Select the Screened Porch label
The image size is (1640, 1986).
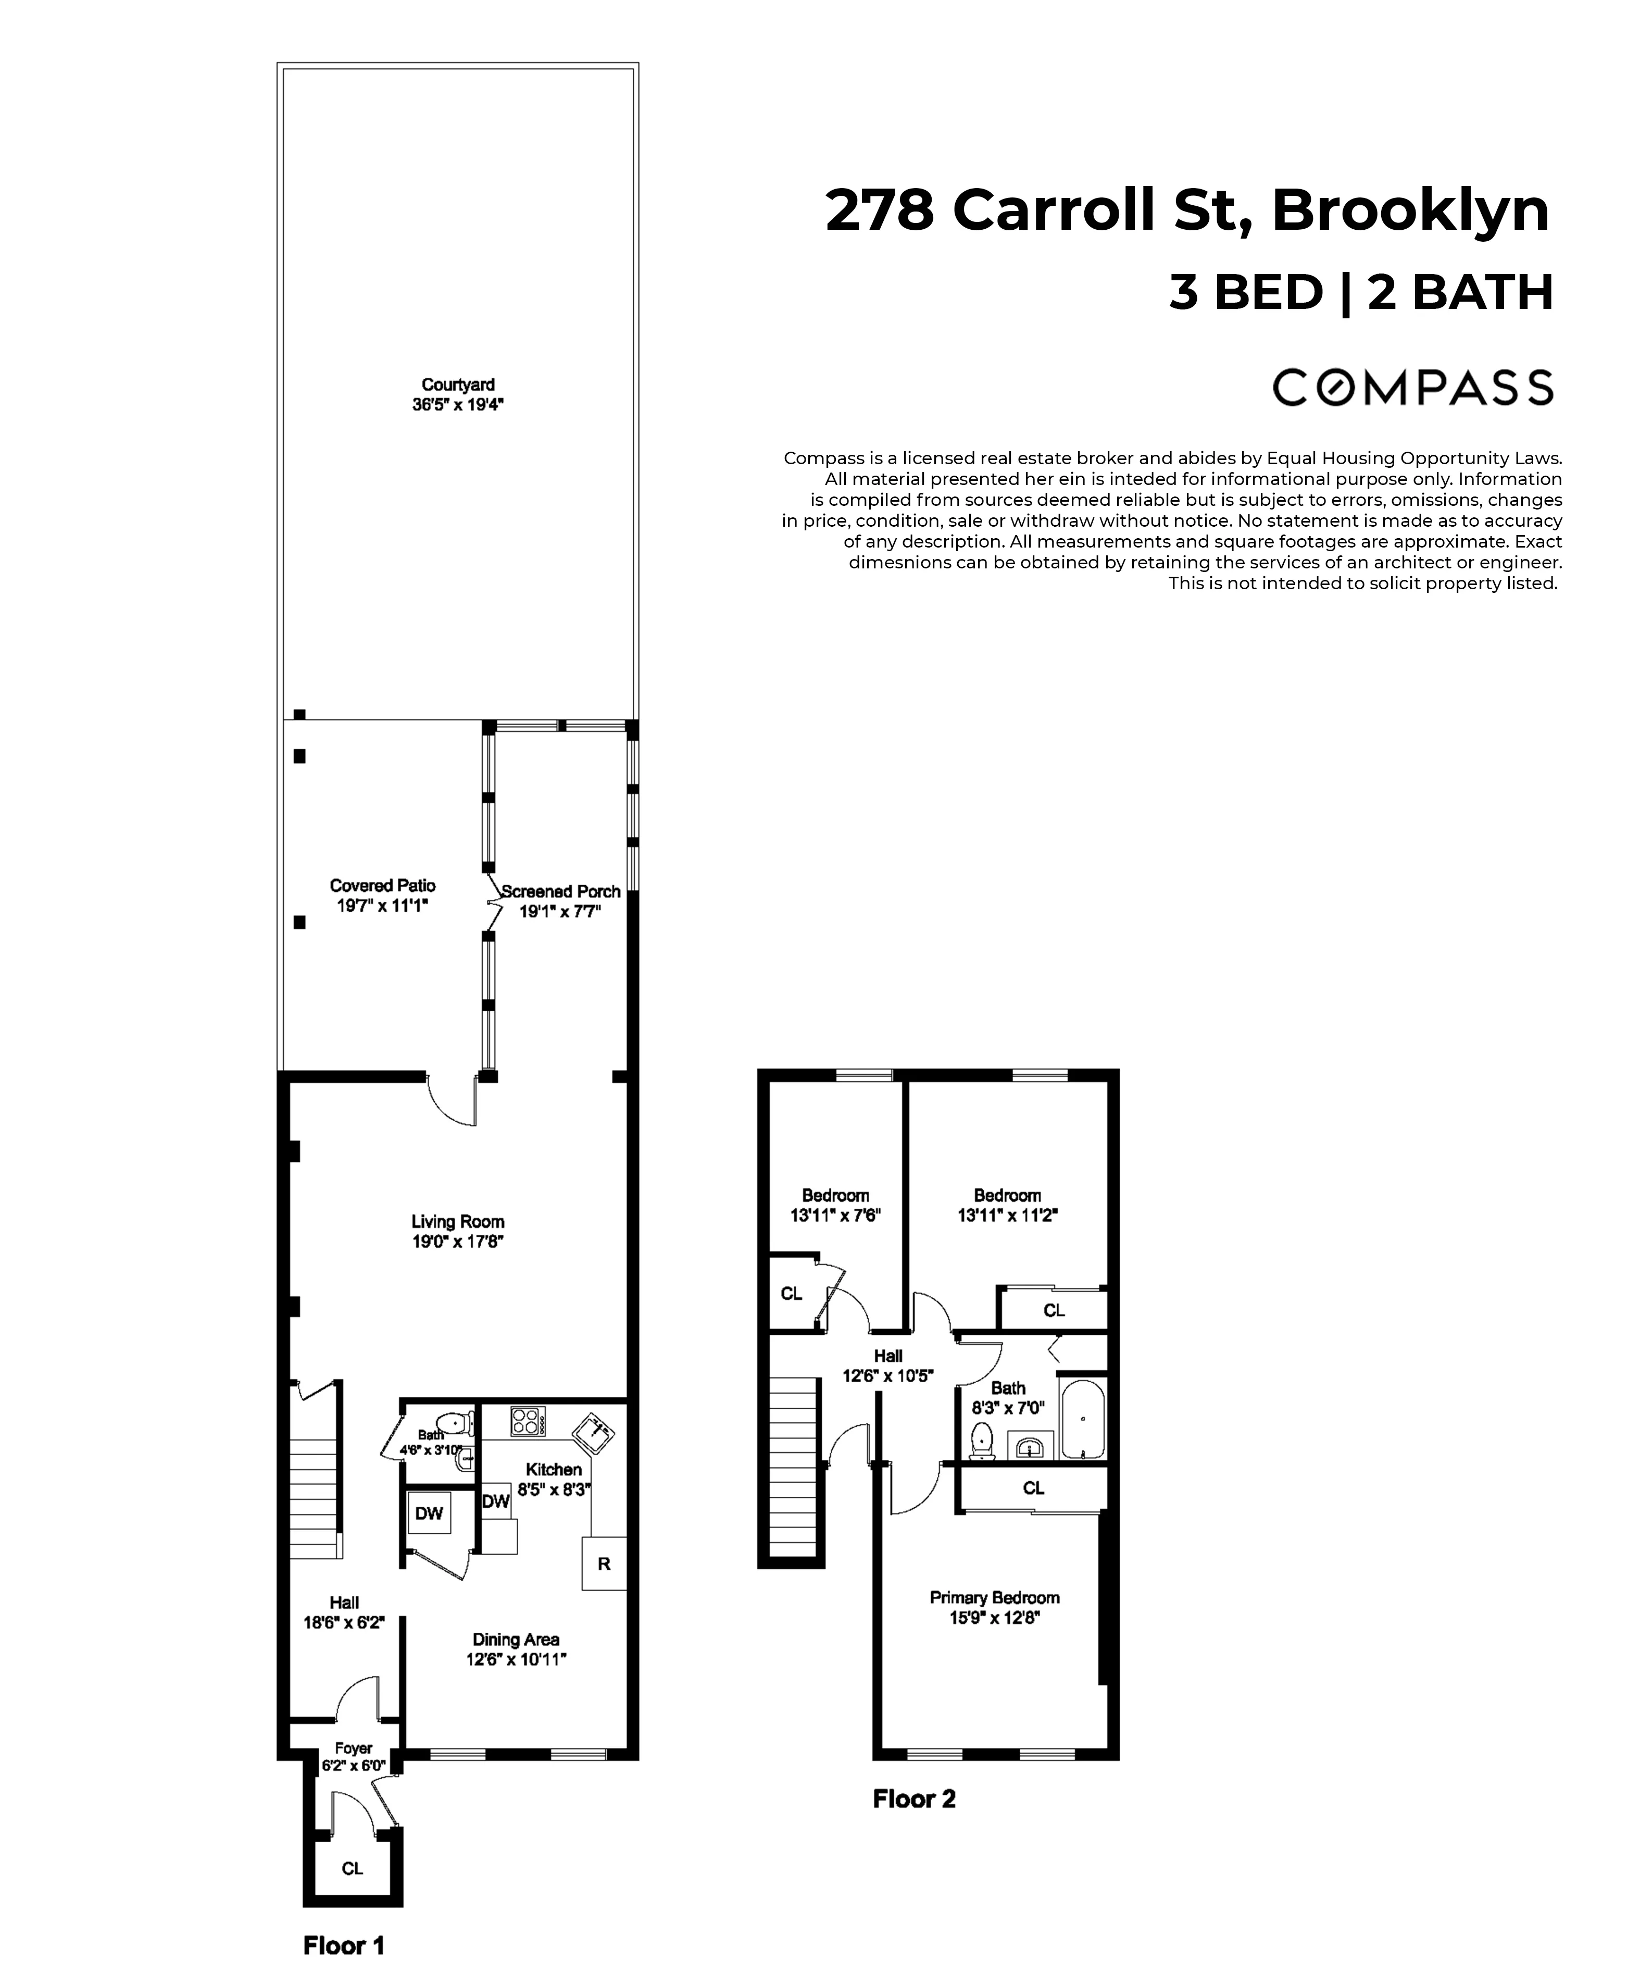[x=561, y=891]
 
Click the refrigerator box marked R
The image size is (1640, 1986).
[x=604, y=1563]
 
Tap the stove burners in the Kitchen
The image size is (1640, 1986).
[x=527, y=1421]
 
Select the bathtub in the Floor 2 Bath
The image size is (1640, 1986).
[x=1083, y=1420]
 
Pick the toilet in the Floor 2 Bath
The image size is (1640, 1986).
[x=982, y=1442]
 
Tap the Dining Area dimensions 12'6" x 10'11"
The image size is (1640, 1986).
[x=516, y=1660]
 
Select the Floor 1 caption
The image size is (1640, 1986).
[x=344, y=1946]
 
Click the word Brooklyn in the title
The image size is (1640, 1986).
[x=1410, y=210]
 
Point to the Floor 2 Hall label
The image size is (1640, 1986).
[x=887, y=1356]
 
